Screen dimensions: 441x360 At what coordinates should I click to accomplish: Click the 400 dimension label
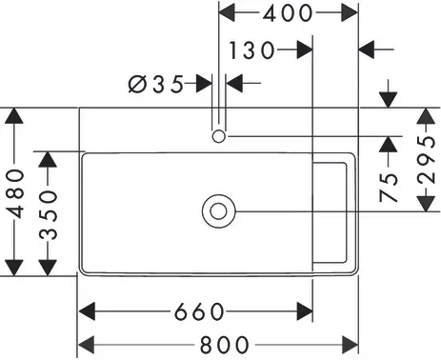[x=288, y=13]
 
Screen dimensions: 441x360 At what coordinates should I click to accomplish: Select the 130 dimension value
[x=251, y=50]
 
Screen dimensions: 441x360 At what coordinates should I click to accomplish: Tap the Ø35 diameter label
[x=156, y=84]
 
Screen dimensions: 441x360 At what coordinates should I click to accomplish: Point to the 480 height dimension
[x=15, y=193]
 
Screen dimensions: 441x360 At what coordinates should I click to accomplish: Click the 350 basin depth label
[x=49, y=214]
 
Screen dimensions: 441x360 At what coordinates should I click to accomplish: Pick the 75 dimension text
[x=389, y=188]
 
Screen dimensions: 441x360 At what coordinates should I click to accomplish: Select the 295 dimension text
[x=426, y=160]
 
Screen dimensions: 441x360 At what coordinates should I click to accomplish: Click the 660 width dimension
[x=200, y=311]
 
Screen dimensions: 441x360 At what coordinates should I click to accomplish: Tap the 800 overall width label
[x=225, y=345]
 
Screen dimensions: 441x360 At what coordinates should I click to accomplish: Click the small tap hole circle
[x=219, y=137]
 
